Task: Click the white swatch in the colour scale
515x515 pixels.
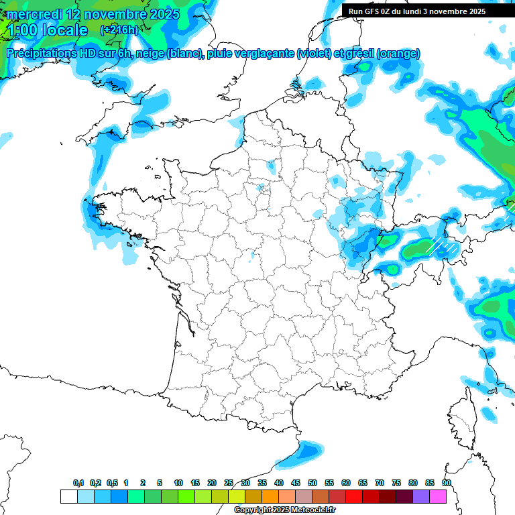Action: [x=68, y=497]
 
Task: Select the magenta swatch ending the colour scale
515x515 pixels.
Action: [x=439, y=497]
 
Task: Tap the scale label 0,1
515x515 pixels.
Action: [x=78, y=483]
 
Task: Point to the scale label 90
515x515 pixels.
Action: [x=447, y=483]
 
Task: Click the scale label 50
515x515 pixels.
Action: [x=312, y=483]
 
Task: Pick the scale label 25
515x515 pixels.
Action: [x=229, y=483]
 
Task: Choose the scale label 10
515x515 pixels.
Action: [x=178, y=483]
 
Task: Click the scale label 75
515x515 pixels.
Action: [x=396, y=483]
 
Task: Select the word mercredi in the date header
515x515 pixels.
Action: [x=36, y=14]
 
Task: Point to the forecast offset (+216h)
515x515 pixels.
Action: [x=119, y=30]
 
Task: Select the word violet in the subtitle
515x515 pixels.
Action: [x=313, y=54]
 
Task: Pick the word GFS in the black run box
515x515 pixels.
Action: [x=371, y=11]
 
